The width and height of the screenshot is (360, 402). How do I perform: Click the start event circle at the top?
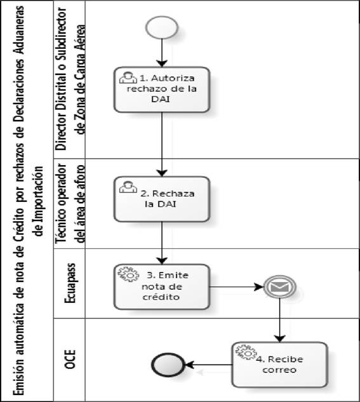[162, 27]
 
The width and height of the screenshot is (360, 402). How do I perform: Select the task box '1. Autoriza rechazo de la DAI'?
[162, 90]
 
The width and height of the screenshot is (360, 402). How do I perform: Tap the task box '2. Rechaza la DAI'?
[162, 199]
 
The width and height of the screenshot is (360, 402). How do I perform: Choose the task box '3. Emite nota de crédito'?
[162, 287]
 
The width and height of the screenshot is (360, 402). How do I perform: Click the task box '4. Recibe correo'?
[279, 365]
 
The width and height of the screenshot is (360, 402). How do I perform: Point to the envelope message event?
[279, 287]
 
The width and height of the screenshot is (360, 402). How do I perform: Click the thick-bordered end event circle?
[168, 365]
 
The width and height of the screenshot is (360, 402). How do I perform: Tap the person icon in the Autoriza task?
[128, 77]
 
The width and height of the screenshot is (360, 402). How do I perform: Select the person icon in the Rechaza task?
[128, 187]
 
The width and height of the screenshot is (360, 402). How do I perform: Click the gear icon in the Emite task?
[128, 274]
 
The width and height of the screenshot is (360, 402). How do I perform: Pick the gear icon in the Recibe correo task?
[246, 352]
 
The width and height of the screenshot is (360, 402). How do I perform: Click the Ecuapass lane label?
[70, 283]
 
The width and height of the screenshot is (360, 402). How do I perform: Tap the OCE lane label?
[70, 359]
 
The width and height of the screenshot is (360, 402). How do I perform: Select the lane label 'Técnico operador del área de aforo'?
[70, 204]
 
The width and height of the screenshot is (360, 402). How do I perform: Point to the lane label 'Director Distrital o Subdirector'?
[61, 79]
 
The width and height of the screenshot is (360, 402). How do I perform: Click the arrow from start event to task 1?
[162, 53]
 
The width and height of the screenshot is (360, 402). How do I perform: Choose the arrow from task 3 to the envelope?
[236, 287]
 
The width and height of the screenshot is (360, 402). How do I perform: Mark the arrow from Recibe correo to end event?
[208, 365]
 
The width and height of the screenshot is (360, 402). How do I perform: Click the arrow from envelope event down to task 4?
[279, 320]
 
